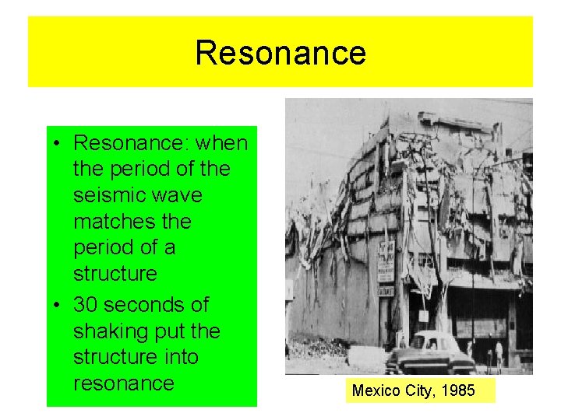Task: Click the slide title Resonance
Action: click(280, 53)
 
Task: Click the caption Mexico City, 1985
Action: click(413, 390)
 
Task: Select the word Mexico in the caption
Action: click(373, 390)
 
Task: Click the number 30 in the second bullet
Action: click(85, 304)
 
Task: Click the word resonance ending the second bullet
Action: click(123, 383)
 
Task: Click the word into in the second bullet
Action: click(183, 357)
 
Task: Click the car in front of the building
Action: click(429, 354)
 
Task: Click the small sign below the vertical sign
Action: click(386, 291)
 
